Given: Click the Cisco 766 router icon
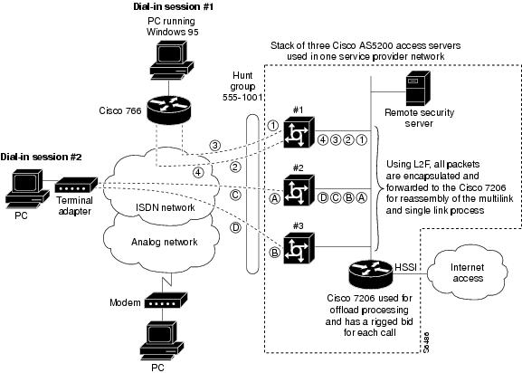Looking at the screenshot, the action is (x=169, y=109).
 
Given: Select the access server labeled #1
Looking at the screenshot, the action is (x=299, y=132).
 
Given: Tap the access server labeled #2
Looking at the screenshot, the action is (x=299, y=190).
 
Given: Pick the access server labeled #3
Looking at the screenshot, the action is (x=299, y=248).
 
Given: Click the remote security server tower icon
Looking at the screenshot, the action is (x=418, y=88).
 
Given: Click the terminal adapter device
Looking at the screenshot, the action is (x=76, y=185).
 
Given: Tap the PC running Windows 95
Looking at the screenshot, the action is (x=172, y=60).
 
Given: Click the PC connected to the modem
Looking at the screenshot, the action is (x=162, y=340).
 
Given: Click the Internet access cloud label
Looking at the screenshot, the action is (x=468, y=273).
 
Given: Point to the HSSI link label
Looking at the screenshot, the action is (x=405, y=267).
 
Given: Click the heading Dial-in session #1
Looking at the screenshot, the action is (x=173, y=6).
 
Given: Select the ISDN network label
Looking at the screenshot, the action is (x=166, y=207).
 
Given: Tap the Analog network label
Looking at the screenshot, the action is (x=165, y=242).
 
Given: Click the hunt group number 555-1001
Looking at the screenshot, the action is (x=242, y=98).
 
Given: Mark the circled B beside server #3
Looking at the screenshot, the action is (x=275, y=253).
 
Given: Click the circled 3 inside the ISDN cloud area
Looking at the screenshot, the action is (x=215, y=146).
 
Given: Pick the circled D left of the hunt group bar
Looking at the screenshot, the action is (x=235, y=228).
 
